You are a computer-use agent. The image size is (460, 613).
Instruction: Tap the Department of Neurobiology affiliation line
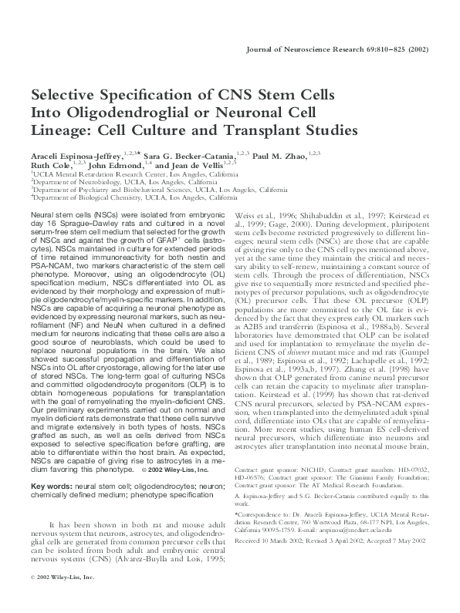(x=109, y=183)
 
